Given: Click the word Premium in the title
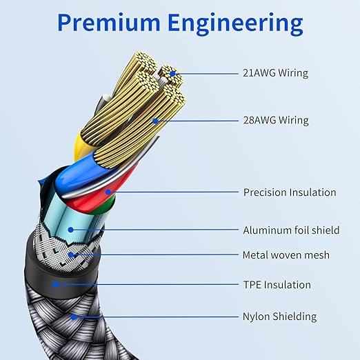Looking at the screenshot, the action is [x=109, y=22].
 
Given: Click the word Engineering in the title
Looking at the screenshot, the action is [x=235, y=24].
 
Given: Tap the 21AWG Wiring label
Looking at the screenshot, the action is [x=276, y=73].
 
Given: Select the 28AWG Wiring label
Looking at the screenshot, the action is [x=276, y=120].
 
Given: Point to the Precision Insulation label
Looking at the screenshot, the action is [x=290, y=192].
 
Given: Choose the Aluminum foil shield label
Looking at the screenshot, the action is [x=291, y=230].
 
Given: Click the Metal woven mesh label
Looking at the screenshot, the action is [x=286, y=255].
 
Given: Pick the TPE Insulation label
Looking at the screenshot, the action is [x=277, y=285].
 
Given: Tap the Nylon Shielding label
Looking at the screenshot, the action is [x=279, y=317].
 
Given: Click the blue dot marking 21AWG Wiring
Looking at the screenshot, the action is [x=172, y=74].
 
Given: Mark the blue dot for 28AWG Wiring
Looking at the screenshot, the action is [x=155, y=121].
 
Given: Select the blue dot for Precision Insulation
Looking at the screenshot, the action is [x=108, y=192].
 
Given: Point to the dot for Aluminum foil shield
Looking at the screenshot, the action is [x=71, y=230].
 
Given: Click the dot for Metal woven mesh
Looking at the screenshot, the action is [x=71, y=254].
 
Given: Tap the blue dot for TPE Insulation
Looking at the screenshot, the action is [x=55, y=284].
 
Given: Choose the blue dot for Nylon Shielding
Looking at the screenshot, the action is [x=73, y=317].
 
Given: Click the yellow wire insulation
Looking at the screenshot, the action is [x=80, y=147].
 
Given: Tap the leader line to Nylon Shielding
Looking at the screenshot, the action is [x=156, y=317].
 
